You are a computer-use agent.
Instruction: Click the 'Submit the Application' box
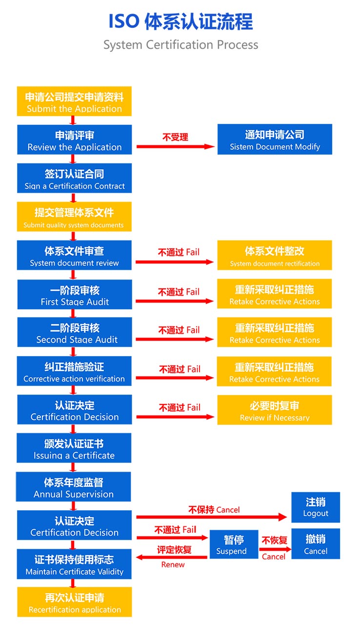click(74, 101)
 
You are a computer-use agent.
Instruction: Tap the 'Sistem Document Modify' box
click(275, 140)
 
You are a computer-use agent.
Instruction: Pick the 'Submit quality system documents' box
click(74, 217)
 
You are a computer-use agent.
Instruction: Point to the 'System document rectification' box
click(275, 255)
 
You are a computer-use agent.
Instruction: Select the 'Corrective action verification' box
click(74, 371)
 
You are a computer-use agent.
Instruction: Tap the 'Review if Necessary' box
click(275, 410)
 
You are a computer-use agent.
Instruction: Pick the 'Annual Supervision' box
click(74, 487)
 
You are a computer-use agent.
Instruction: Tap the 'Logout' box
click(316, 507)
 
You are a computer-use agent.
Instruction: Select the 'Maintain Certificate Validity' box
click(74, 564)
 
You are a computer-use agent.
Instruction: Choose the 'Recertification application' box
click(74, 602)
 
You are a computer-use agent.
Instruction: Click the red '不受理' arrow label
click(175, 137)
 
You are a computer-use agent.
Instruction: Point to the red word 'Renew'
click(173, 564)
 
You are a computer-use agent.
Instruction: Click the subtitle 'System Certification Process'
click(180, 45)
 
